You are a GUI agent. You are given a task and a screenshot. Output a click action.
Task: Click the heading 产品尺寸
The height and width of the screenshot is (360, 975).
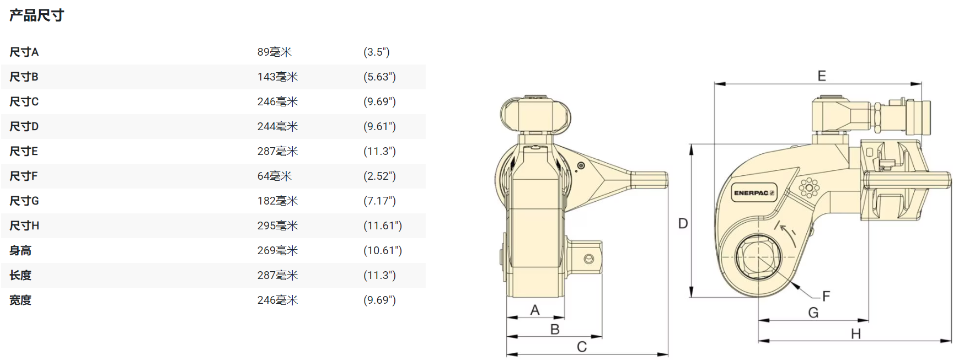36,15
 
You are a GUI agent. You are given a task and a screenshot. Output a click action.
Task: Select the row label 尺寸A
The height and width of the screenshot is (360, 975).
24,52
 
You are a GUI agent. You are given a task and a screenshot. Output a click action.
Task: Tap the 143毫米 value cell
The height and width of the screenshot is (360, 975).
277,77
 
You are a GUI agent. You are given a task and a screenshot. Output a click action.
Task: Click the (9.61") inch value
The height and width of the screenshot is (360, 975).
379,126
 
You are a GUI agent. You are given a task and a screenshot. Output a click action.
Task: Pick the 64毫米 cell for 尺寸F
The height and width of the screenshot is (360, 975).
274,176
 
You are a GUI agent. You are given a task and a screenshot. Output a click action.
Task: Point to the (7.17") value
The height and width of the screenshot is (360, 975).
379,201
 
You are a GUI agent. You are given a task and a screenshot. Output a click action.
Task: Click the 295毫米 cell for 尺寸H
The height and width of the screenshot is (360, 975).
277,225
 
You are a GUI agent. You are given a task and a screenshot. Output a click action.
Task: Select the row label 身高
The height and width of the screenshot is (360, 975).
20,250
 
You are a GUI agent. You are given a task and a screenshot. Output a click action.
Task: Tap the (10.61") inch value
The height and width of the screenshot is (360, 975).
383,250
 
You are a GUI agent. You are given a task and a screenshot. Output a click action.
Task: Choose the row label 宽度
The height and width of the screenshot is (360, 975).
20,300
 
